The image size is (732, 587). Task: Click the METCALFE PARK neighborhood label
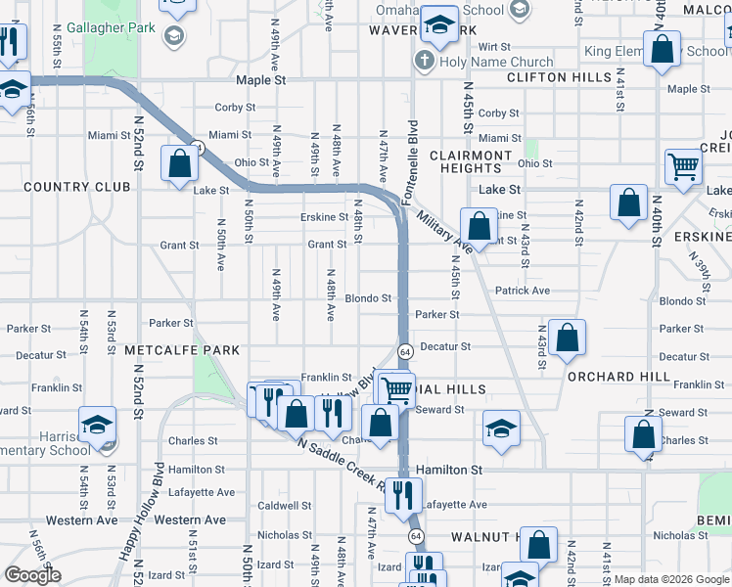click(x=181, y=350)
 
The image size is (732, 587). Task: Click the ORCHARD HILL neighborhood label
click(x=615, y=376)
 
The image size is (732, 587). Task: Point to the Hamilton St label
click(x=449, y=470)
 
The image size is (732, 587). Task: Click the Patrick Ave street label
click(x=522, y=291)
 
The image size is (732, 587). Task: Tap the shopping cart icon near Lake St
click(x=682, y=166)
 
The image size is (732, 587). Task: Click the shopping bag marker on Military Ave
click(x=479, y=226)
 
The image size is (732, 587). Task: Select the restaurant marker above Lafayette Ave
click(x=402, y=495)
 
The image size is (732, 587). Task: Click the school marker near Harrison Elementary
click(x=97, y=426)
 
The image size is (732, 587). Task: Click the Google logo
click(x=32, y=575)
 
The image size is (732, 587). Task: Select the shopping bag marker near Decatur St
click(x=567, y=339)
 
